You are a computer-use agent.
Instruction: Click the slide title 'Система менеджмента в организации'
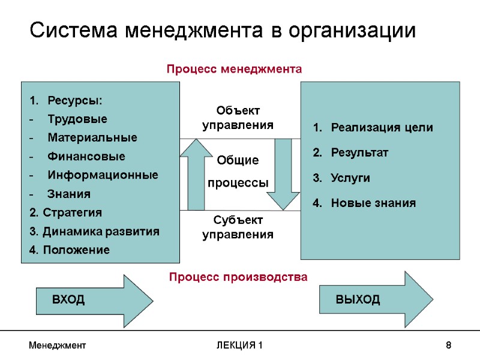point(223,30)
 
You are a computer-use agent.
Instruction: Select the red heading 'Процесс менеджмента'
point(234,70)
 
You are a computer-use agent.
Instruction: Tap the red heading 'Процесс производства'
point(238,277)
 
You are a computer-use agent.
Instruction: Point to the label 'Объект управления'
point(238,118)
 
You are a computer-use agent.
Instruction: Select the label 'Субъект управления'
point(238,227)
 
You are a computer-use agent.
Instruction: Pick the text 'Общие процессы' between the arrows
point(238,172)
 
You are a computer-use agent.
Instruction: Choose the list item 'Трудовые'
point(77,119)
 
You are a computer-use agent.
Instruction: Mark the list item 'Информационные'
point(103,175)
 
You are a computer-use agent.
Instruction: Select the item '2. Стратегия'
point(65,212)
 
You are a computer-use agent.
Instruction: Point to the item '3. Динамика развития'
point(94,232)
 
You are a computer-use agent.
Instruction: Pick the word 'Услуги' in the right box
point(350,178)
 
